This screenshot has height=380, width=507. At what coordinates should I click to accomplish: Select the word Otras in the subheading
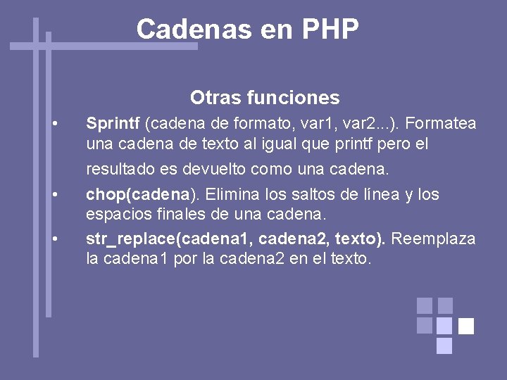[210, 98]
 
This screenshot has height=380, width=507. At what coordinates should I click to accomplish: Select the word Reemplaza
[433, 239]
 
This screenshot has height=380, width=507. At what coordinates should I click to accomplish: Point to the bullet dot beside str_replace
[56, 239]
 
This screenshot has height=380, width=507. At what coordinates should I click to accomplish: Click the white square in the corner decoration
[466, 326]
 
